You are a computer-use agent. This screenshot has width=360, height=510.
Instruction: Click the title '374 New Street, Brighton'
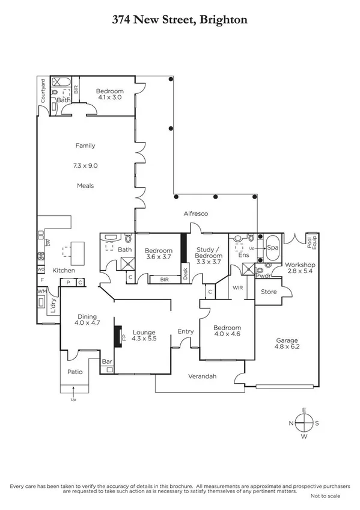pos(180,19)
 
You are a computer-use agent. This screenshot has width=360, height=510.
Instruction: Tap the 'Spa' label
pos(272,247)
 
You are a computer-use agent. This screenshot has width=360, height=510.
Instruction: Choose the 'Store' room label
pos(268,293)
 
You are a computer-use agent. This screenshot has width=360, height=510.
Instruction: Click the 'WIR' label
pos(237,288)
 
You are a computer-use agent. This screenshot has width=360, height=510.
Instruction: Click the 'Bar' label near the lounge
pos(108,361)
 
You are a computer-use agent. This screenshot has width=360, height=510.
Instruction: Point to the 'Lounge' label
pos(144,332)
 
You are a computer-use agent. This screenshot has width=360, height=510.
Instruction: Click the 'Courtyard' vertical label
pos(43,91)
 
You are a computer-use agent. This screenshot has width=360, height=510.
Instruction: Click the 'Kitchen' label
pos(63,270)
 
